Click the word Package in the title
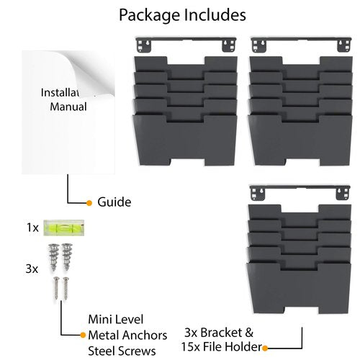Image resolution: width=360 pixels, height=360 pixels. click(149, 16)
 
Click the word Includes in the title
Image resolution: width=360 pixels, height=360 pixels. click(215, 15)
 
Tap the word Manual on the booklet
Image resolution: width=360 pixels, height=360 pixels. click(68, 107)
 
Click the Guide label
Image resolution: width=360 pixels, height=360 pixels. click(114, 202)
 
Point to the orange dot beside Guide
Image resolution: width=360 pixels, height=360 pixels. click(89, 203)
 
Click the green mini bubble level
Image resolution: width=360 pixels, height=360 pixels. click(64, 228)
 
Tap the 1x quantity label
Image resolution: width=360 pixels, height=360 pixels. click(32, 228)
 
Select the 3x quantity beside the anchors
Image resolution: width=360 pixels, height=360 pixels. click(32, 269)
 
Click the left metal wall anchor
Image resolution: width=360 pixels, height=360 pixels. click(54, 257)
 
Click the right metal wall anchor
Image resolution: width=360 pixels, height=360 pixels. click(67, 256)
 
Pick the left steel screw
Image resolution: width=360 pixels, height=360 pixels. click(56, 288)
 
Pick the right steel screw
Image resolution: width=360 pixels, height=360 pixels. click(66, 288)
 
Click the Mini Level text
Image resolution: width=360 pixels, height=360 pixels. click(116, 320)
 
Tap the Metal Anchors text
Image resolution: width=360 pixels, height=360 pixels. click(127, 336)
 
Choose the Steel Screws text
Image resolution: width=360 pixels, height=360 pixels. click(122, 351)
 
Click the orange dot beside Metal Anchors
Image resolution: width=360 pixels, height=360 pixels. click(83, 335)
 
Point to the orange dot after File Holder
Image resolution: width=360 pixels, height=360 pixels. click(265, 348)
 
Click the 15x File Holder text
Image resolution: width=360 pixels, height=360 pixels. click(221, 347)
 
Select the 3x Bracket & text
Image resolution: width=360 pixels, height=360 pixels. click(219, 333)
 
